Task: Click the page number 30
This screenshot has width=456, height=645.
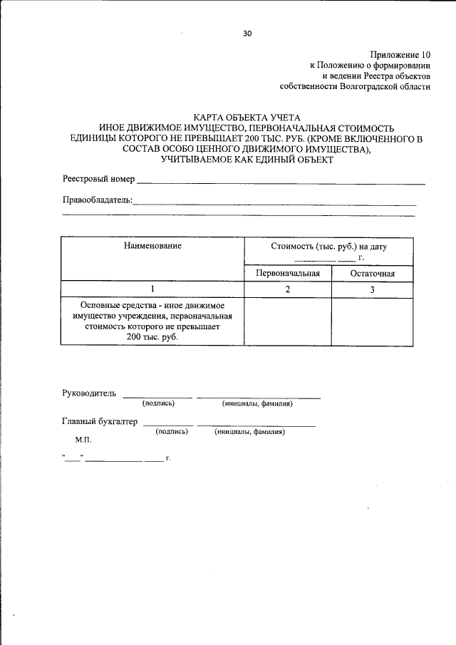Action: [x=247, y=33]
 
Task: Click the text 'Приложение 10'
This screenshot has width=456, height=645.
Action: [x=400, y=54]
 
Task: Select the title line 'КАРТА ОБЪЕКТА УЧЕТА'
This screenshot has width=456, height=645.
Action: [x=247, y=117]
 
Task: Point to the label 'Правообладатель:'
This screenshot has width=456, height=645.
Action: [x=98, y=200]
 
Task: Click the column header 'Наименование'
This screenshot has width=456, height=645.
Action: [x=152, y=246]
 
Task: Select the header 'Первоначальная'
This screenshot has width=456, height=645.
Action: [x=288, y=273]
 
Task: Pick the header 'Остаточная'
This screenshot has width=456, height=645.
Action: [x=372, y=273]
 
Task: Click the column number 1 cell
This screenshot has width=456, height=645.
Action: [x=152, y=289]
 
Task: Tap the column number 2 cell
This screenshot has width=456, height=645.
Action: [x=288, y=289]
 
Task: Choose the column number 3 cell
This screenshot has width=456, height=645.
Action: [x=372, y=289]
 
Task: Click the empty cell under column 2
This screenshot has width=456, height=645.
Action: [x=288, y=321]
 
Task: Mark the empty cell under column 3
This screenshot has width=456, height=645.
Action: [x=372, y=321]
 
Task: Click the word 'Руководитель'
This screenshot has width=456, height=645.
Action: [x=89, y=393]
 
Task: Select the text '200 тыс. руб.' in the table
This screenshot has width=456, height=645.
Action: [x=152, y=337]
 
